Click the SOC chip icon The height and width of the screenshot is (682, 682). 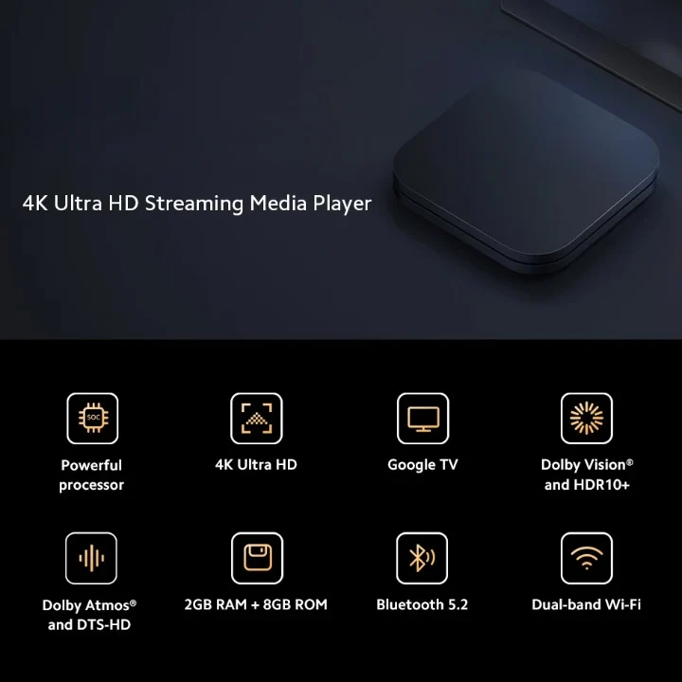coord(93,418)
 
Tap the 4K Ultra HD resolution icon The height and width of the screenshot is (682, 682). coord(257,418)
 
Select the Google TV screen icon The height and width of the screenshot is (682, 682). coord(422,418)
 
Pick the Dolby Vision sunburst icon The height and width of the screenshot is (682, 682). coord(586,418)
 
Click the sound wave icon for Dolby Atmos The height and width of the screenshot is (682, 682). coord(91,558)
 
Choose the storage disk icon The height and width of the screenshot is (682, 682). coord(257,558)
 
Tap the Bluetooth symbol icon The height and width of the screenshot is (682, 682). coord(422,558)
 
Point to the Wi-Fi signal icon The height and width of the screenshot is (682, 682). coord(586,558)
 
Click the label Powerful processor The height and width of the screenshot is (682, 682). coord(91,475)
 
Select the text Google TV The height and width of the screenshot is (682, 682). coord(422,465)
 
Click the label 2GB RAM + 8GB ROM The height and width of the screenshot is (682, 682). coord(256,604)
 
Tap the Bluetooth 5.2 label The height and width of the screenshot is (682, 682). coord(422,604)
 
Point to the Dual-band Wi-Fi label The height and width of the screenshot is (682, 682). coord(586,604)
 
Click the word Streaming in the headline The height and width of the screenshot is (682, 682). coord(194,204)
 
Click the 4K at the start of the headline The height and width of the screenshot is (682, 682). coord(35,203)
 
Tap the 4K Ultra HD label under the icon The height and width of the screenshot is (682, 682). coord(256,464)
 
